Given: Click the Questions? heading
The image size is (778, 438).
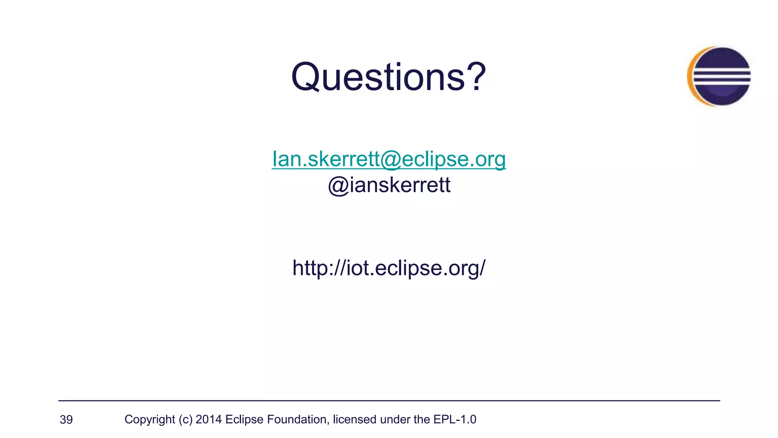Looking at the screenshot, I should click(388, 77).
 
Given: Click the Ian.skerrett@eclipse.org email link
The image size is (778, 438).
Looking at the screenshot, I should click(389, 159).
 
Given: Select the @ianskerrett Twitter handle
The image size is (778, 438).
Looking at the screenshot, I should click(389, 185).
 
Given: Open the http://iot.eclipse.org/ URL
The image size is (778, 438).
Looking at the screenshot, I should click(389, 268).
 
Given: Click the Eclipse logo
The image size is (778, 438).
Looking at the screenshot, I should click(719, 76).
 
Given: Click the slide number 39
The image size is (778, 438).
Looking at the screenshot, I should click(66, 420).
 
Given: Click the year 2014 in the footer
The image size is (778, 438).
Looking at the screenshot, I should click(209, 419).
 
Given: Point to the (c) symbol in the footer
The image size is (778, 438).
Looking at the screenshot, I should click(185, 419).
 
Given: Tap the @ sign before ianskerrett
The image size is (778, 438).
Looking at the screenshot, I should click(338, 186).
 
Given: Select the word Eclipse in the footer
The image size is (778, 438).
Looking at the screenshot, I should click(244, 419).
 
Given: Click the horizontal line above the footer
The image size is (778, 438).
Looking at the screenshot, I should click(389, 401).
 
